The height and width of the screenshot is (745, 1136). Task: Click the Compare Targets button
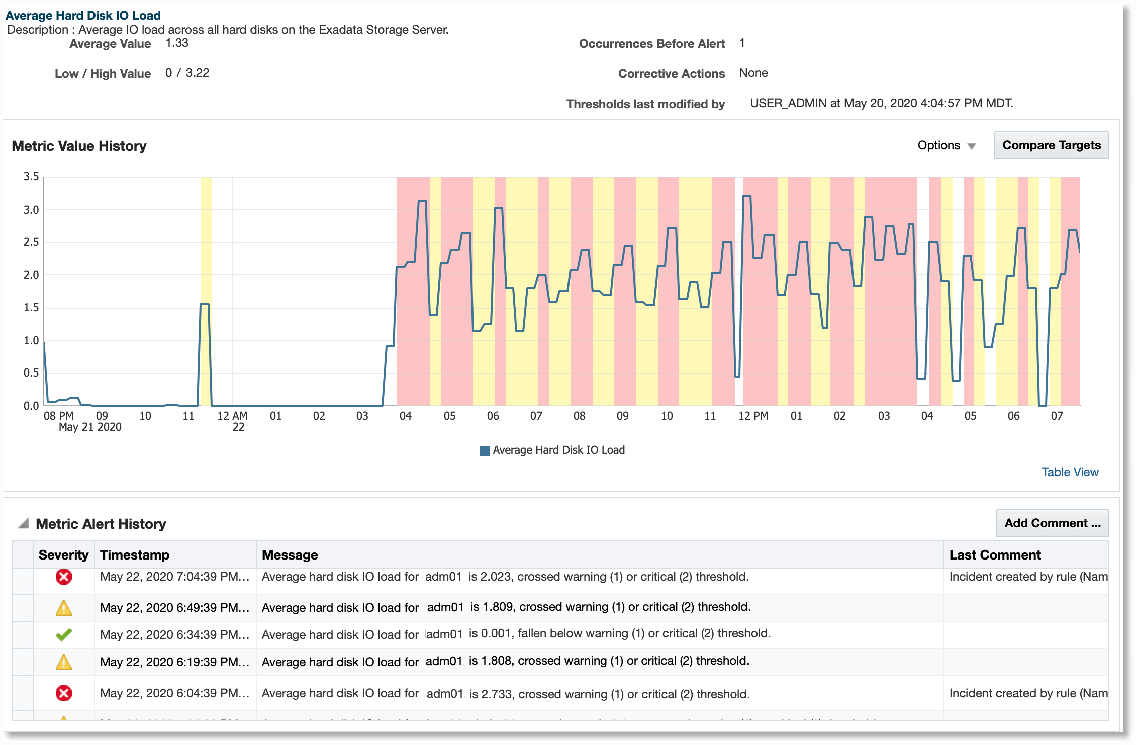click(1051, 145)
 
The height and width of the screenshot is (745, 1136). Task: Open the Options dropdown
click(946, 145)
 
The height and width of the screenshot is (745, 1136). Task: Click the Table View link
click(1070, 472)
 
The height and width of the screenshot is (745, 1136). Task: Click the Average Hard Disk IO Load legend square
click(485, 450)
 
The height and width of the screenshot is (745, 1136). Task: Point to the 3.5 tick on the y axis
click(31, 177)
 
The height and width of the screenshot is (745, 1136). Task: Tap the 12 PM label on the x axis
click(753, 416)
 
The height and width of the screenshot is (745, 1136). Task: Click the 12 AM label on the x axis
click(232, 416)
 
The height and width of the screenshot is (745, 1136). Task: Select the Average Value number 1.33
click(177, 43)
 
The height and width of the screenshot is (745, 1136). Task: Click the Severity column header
click(63, 555)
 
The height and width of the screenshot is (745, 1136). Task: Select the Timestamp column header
click(135, 555)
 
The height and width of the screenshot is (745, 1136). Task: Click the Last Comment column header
click(995, 555)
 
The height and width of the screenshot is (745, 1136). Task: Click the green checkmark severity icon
click(64, 635)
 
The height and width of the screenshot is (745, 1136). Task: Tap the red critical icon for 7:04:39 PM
click(64, 577)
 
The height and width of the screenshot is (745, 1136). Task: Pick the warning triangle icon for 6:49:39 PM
click(64, 608)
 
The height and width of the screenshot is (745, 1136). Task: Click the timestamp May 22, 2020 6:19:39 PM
click(174, 662)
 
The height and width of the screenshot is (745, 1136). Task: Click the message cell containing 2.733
click(505, 694)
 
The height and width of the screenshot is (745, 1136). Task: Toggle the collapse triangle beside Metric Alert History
click(23, 524)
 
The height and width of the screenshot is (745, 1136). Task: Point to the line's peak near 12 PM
click(747, 196)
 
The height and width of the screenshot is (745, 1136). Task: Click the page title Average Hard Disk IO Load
click(83, 16)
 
